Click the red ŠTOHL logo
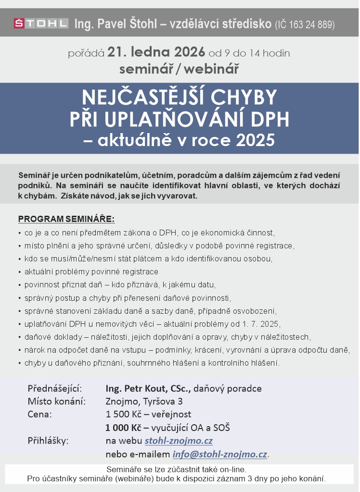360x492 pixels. point(41,23)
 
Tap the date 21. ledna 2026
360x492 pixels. point(156,52)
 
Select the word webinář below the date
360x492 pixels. point(212,69)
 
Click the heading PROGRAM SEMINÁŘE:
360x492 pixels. point(66,220)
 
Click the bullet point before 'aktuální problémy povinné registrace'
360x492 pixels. point(19,272)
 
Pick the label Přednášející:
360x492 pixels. point(55,388)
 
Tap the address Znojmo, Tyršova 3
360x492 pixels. point(144,401)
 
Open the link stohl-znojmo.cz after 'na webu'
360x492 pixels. point(179,441)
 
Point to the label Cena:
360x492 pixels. point(40,414)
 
